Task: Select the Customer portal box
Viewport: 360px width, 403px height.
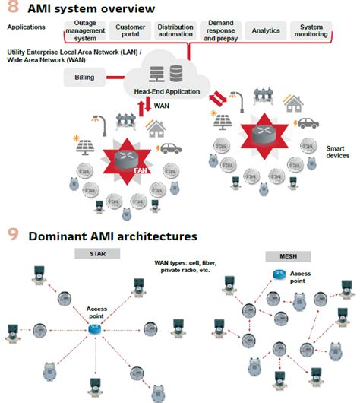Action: click(131, 31)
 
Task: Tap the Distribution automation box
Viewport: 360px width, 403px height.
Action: click(175, 31)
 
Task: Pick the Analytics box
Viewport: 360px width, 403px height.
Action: click(265, 31)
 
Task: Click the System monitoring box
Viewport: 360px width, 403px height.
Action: click(311, 31)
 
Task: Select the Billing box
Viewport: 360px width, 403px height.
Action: click(84, 78)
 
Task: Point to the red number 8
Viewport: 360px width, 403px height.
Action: click(11, 8)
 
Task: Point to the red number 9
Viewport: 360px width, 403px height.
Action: click(11, 236)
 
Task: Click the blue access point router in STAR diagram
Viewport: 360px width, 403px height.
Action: click(94, 328)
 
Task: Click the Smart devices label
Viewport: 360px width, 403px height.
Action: click(337, 151)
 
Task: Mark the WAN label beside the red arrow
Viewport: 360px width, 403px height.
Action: click(161, 106)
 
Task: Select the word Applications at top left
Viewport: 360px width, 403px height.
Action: click(27, 27)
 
